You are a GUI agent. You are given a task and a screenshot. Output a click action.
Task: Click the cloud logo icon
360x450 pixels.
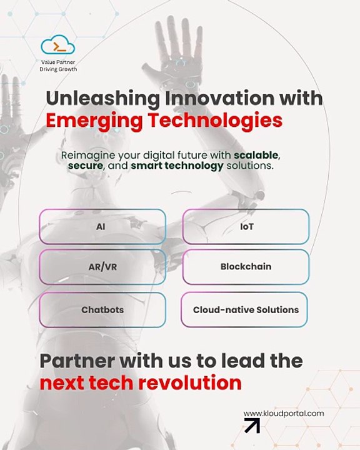(57, 46)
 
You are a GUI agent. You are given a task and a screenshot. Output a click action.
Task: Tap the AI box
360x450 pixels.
(102, 226)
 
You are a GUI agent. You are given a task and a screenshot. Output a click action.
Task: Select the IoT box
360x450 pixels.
(246, 226)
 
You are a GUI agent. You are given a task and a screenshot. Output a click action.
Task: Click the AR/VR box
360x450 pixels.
(102, 267)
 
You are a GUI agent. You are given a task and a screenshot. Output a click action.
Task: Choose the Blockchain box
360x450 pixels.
(246, 267)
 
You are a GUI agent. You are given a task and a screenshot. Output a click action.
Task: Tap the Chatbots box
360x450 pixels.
(102, 309)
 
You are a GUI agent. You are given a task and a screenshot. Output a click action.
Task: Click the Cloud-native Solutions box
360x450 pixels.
(246, 309)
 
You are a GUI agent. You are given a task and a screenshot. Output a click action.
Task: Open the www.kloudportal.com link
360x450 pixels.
(284, 413)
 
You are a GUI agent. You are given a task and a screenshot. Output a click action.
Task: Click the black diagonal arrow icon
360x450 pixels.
(252, 426)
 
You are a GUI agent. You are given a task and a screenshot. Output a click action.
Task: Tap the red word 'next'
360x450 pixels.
(63, 382)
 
